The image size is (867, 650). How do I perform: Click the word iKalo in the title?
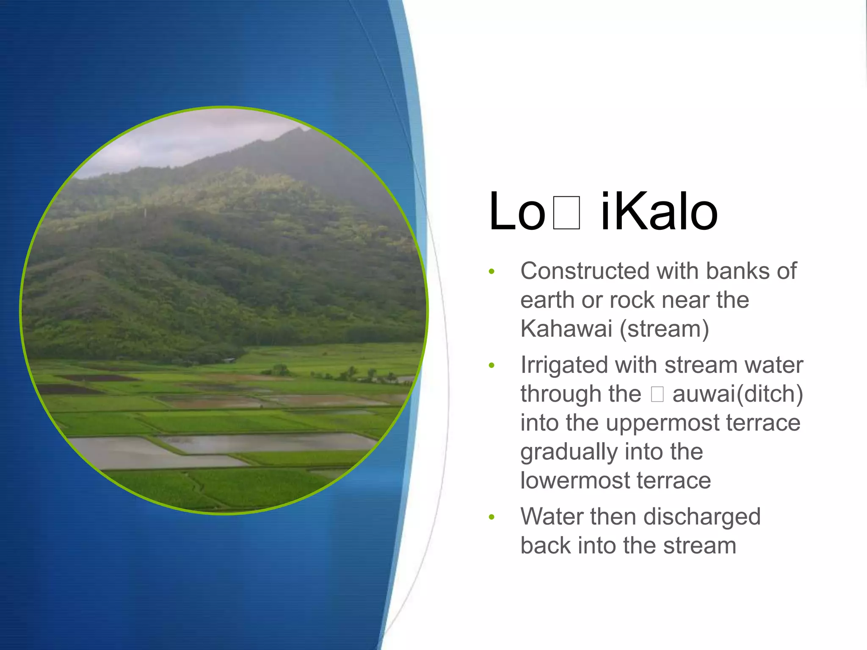pos(659,212)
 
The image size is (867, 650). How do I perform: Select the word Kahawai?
pos(566,328)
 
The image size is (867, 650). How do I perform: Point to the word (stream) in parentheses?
pos(664,329)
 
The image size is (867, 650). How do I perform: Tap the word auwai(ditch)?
pos(737,394)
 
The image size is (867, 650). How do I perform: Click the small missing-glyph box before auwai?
pos(657,394)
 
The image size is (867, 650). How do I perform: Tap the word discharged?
pos(701,517)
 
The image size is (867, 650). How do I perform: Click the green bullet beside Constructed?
pos(491,271)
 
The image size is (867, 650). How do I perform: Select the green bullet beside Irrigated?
pos(491,365)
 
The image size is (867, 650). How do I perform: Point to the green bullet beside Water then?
pos(491,517)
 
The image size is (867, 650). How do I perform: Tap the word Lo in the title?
pos(517,212)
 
